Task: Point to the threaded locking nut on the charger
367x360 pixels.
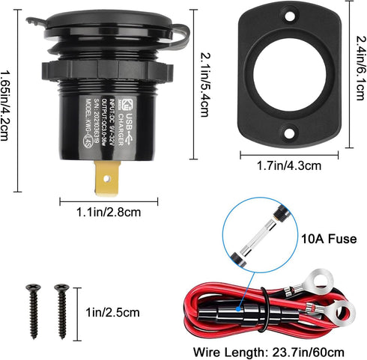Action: [104, 73]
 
